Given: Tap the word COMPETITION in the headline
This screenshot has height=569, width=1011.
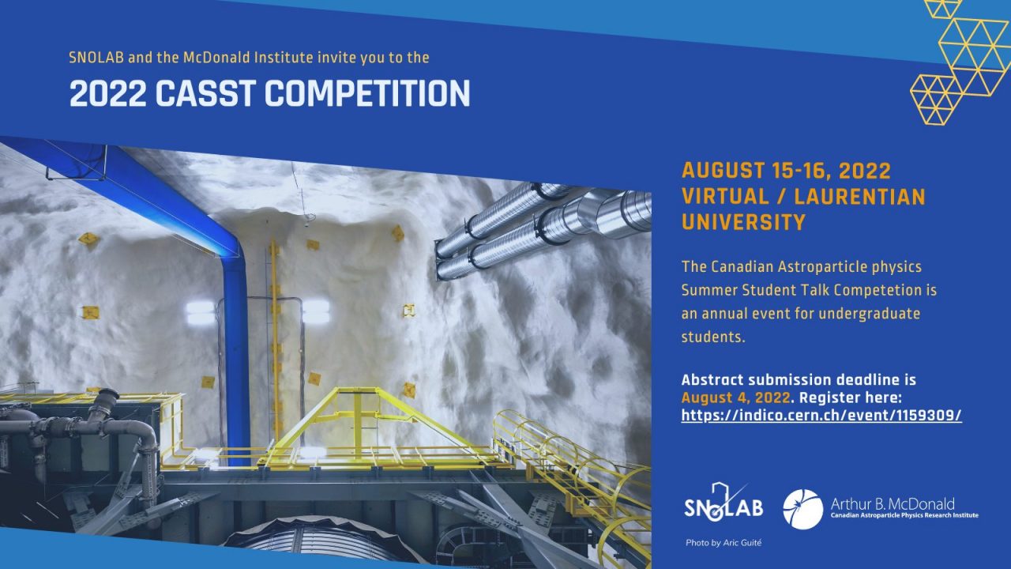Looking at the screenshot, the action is (367, 93).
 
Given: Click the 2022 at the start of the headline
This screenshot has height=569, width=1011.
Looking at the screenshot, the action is (108, 93).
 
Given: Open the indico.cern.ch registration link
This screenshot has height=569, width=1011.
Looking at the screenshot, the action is (821, 415).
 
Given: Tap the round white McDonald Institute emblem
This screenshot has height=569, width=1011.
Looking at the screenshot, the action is (803, 509).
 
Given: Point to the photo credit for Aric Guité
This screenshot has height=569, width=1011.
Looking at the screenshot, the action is (723, 543).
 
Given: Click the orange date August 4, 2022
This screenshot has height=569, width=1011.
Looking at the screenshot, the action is (735, 398).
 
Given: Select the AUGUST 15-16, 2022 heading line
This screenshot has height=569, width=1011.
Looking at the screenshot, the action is (786, 171).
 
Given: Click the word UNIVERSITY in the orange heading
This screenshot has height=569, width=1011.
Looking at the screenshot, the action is (743, 222).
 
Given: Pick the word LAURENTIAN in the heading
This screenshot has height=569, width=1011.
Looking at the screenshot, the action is (860, 197).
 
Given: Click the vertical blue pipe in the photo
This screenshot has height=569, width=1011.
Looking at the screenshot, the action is (237, 356).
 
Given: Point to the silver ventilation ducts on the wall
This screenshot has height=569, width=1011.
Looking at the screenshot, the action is (542, 230).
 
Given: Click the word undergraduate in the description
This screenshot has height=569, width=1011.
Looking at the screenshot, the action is (870, 314).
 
